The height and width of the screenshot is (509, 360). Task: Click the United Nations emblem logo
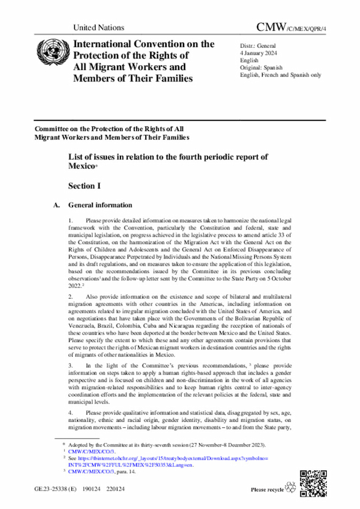point(49,52)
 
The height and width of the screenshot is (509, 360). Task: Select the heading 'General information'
point(100,205)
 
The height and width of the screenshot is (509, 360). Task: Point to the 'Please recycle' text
point(267,490)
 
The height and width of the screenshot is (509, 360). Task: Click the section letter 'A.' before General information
point(56,205)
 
